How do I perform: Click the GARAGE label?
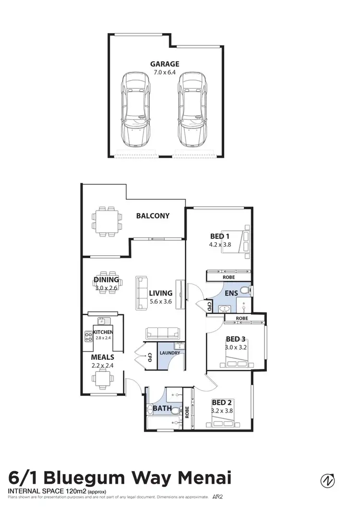click(165, 64)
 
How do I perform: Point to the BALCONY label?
click(153, 216)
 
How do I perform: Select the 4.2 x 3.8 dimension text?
click(220, 244)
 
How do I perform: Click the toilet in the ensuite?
click(245, 290)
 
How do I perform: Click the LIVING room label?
click(160, 293)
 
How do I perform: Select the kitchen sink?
click(101, 320)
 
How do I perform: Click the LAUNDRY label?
click(171, 353)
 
